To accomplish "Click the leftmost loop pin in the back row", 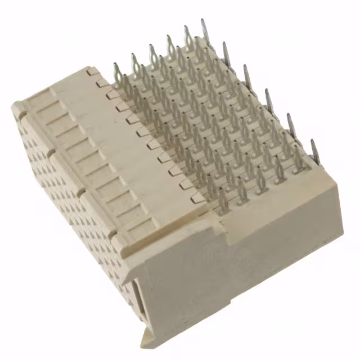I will tap(117, 72).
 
